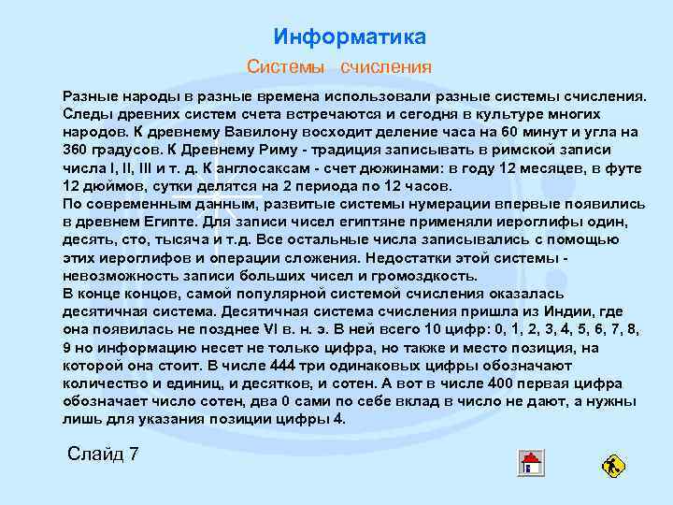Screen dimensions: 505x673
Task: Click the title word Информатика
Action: point(350,37)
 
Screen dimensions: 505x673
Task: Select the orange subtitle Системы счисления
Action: point(338,67)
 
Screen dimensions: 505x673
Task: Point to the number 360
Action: point(76,150)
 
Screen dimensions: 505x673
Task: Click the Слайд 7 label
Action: point(104,454)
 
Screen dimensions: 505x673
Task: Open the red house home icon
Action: point(530,463)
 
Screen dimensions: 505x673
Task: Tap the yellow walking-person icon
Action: point(614,465)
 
